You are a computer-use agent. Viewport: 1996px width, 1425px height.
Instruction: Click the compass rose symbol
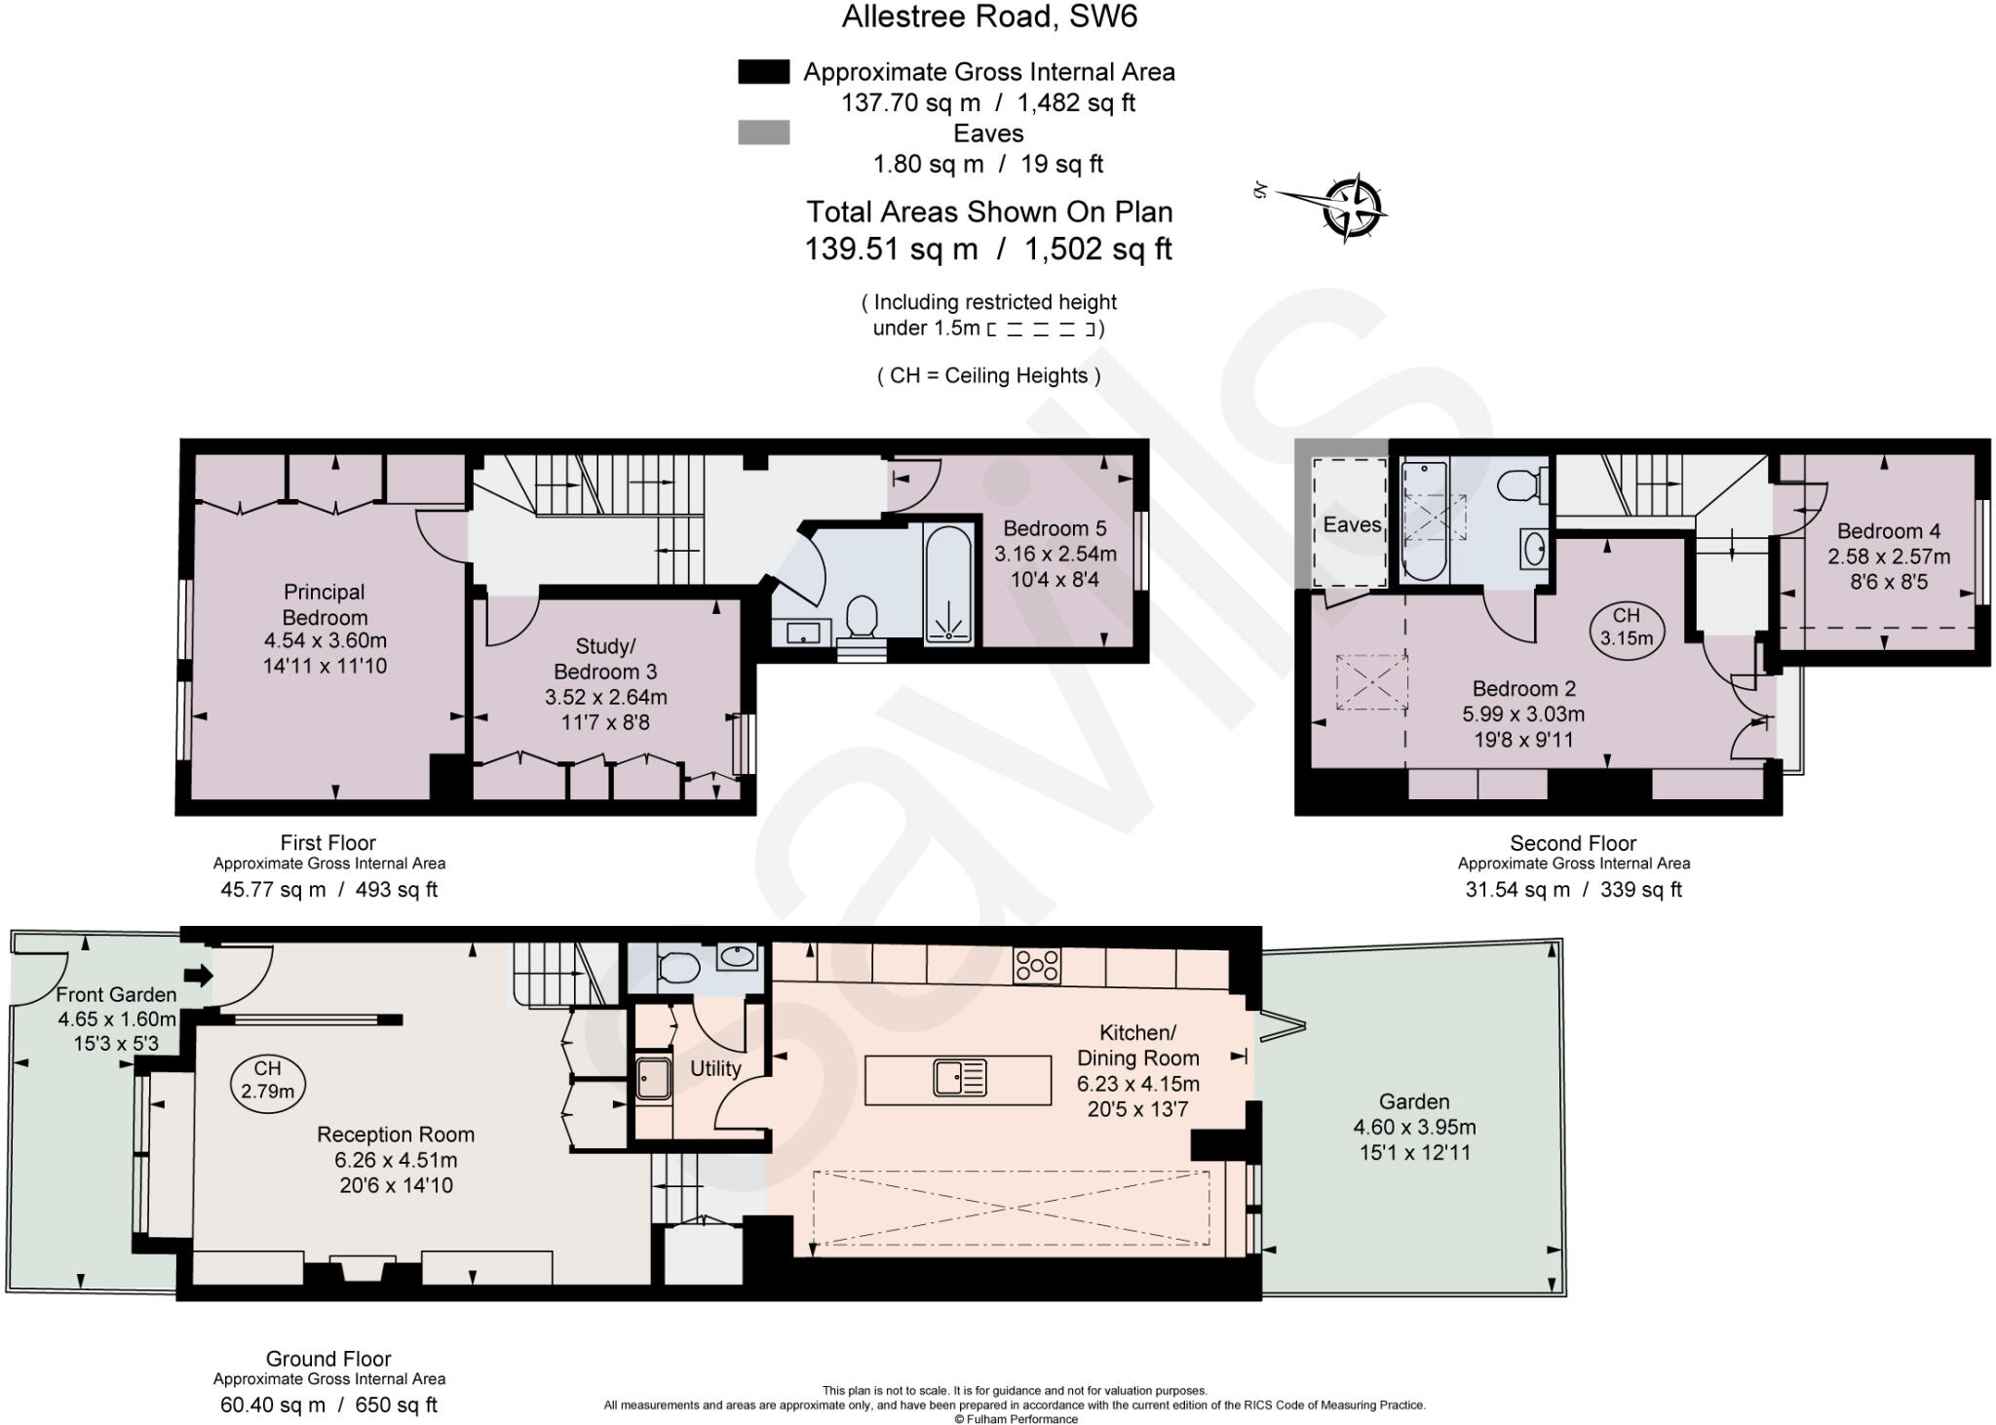point(1353,208)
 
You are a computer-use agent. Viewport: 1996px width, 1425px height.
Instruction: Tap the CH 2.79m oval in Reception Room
point(267,1081)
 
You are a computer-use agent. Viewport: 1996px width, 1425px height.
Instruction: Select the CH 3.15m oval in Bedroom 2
point(1626,627)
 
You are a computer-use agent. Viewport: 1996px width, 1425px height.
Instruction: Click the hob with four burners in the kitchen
point(1037,965)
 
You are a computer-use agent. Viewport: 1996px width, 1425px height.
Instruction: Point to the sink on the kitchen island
point(960,1078)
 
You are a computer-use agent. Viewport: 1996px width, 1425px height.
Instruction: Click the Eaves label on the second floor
point(1352,524)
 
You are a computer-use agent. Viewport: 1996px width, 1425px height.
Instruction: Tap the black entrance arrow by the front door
point(198,975)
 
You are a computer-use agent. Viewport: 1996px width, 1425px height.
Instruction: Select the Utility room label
point(715,1068)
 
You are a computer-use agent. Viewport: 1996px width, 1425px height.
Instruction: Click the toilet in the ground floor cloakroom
point(677,969)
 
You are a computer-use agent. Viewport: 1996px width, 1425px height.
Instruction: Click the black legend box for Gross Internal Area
point(763,72)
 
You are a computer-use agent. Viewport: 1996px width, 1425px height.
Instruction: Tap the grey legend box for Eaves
point(763,133)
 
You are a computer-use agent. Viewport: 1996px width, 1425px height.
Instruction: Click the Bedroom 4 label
point(1888,531)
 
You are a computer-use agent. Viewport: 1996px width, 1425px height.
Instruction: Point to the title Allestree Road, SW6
point(989,17)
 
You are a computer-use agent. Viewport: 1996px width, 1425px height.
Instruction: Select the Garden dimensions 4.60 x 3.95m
point(1414,1128)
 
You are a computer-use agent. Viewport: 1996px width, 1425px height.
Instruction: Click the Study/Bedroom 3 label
point(605,659)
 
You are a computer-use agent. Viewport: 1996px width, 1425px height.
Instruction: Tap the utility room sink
point(653,1077)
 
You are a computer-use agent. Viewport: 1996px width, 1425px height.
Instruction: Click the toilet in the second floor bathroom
point(1519,484)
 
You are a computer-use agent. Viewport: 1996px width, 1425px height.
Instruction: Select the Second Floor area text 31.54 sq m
point(1517,889)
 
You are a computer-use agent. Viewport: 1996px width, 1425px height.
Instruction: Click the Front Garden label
point(116,994)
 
